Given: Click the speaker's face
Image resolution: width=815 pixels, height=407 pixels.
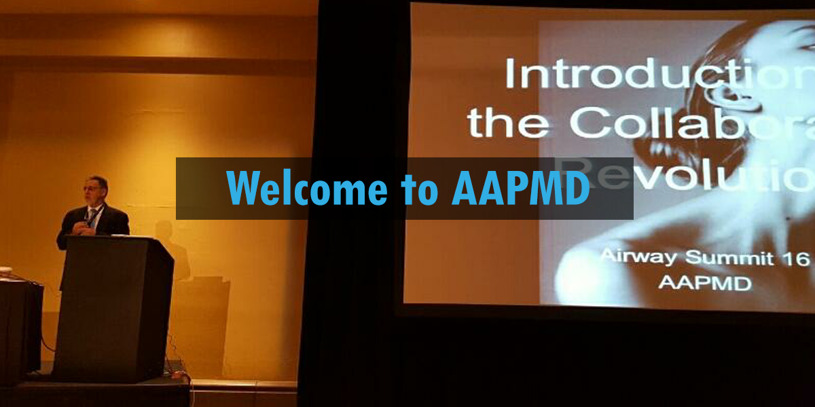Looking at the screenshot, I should click(96, 190).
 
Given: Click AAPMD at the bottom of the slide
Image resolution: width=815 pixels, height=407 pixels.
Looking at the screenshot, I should click(704, 282).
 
